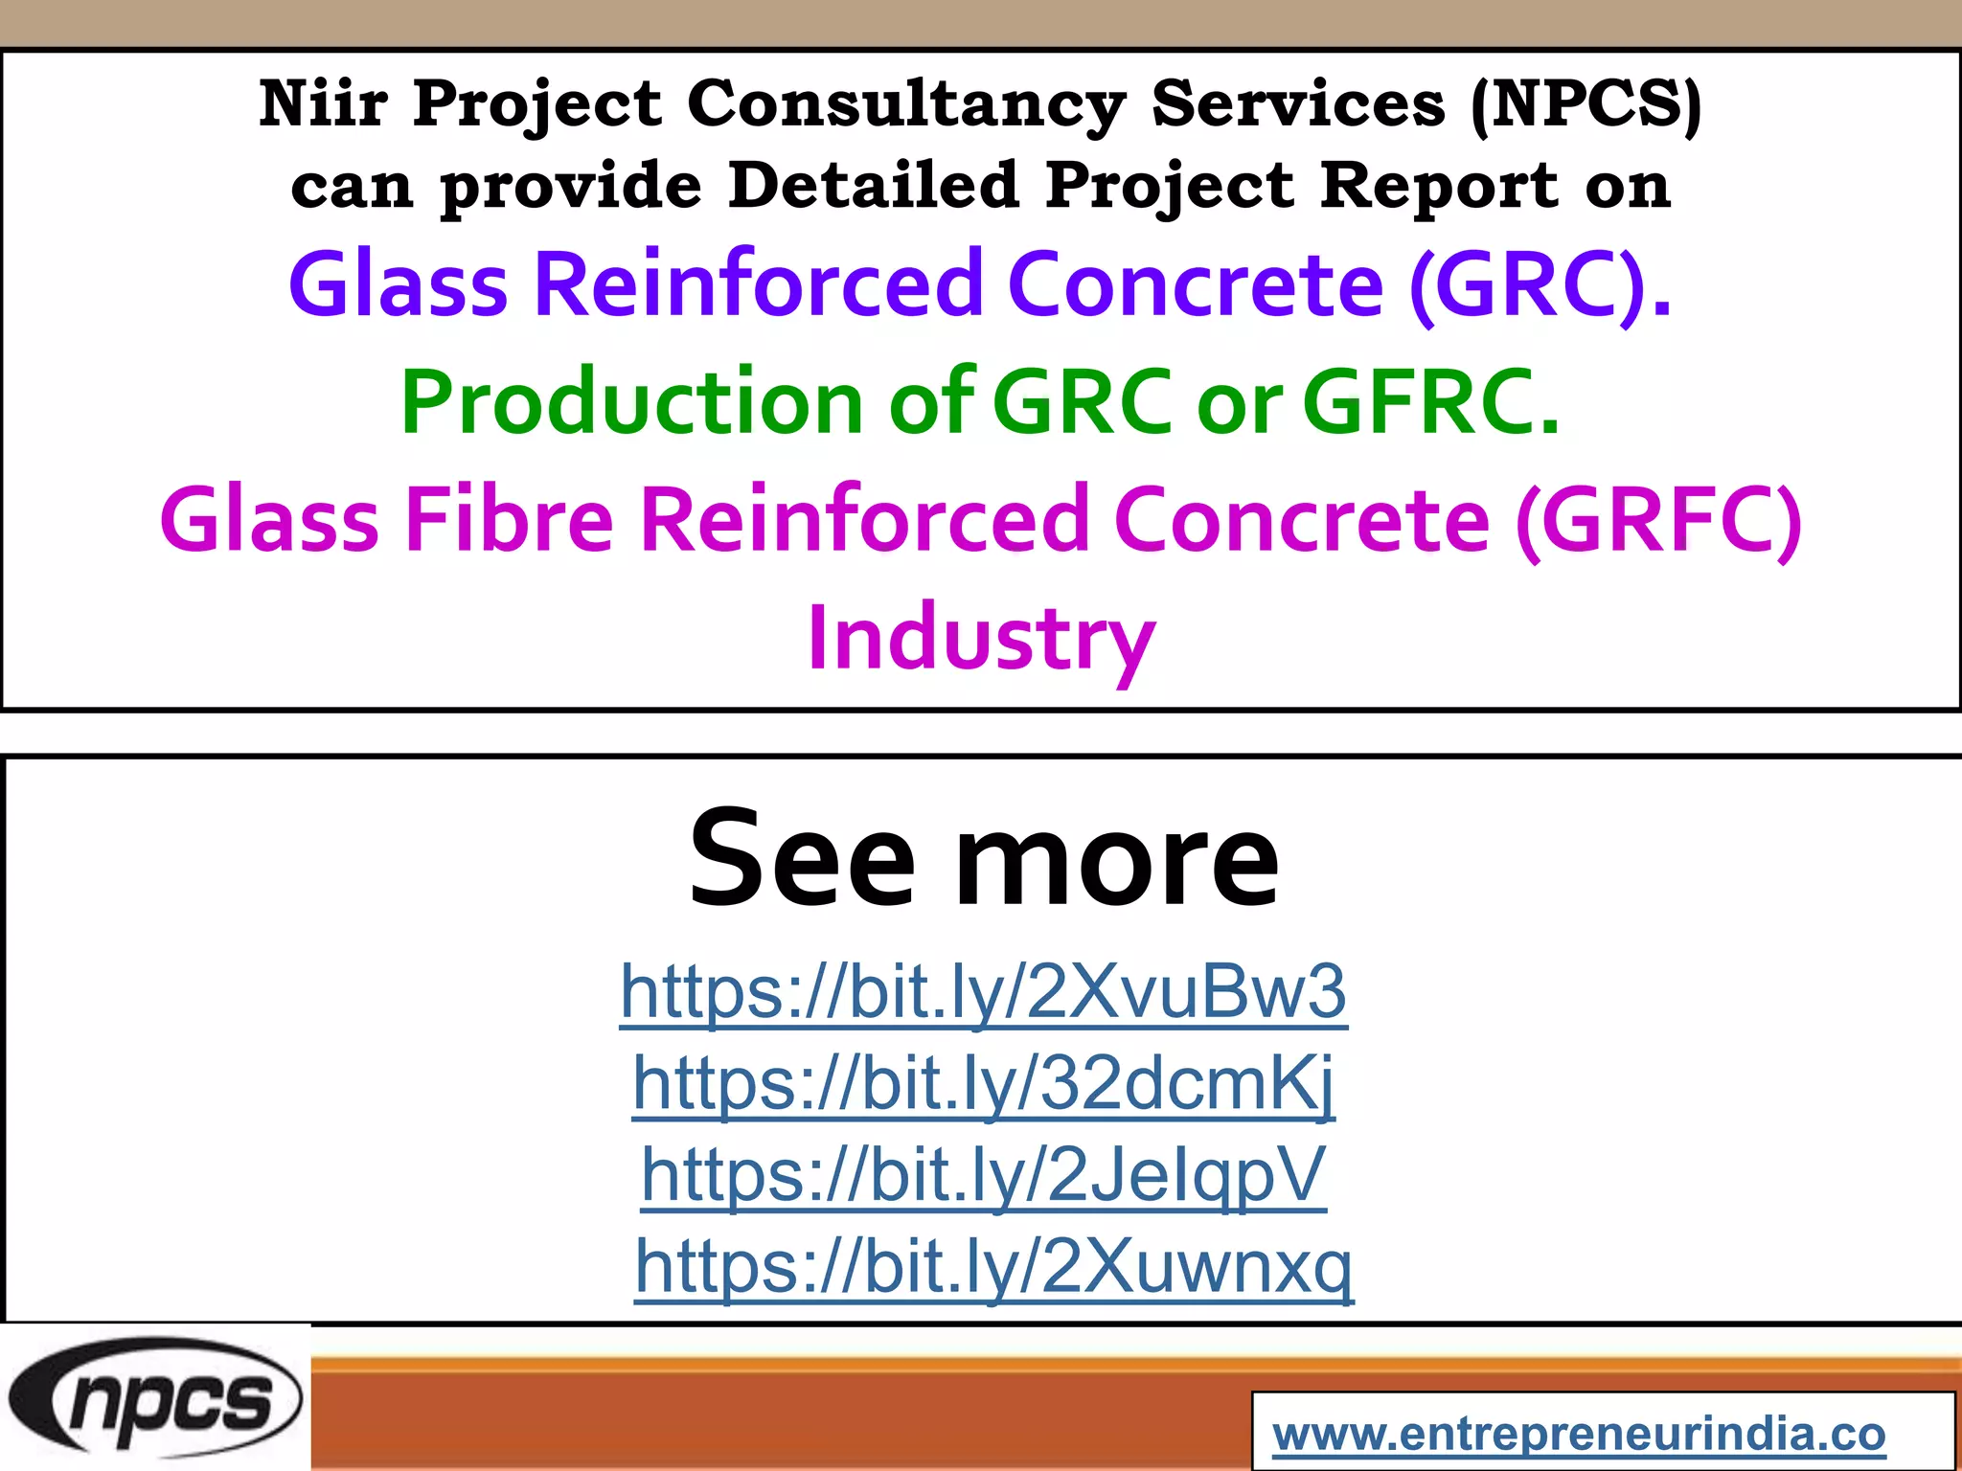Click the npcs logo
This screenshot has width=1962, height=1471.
(x=155, y=1399)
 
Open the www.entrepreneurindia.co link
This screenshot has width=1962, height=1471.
(x=1579, y=1434)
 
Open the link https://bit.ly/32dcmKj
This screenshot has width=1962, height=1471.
(x=983, y=1083)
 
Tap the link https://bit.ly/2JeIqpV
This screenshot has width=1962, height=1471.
(x=983, y=1174)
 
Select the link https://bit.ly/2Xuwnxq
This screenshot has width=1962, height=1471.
(x=994, y=1266)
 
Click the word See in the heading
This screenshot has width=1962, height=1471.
(x=802, y=858)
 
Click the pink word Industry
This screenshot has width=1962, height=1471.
(x=981, y=640)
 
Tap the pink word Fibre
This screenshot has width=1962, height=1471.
(x=509, y=520)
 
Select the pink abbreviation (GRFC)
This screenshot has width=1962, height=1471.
(x=1658, y=520)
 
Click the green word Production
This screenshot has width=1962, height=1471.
(x=632, y=402)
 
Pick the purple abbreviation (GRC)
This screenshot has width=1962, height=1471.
(x=1540, y=284)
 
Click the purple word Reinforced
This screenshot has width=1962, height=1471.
(x=758, y=284)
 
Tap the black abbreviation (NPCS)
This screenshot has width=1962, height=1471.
(x=1586, y=103)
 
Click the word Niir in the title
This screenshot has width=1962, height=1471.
(x=323, y=103)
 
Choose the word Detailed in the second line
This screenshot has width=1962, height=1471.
(x=873, y=185)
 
